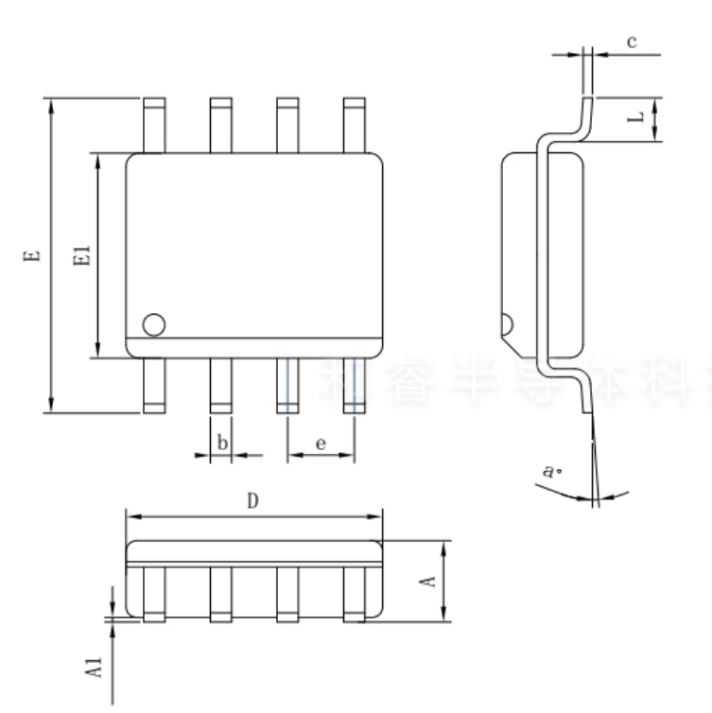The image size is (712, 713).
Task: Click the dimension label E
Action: point(31,255)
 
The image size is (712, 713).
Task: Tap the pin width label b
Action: point(221,442)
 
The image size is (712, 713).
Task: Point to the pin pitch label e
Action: point(321,442)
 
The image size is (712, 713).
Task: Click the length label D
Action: point(253,502)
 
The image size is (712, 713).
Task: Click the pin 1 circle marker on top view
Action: point(153,324)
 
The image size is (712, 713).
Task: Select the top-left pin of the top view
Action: point(153,124)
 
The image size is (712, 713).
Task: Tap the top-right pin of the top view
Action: point(354,124)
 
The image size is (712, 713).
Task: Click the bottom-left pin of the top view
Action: point(153,386)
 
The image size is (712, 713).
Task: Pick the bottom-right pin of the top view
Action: point(354,386)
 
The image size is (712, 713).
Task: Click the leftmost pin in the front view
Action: point(153,594)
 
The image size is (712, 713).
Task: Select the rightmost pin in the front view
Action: point(354,594)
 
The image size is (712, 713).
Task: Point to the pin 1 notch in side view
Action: point(506,324)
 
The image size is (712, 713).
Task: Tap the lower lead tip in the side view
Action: point(589,402)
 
